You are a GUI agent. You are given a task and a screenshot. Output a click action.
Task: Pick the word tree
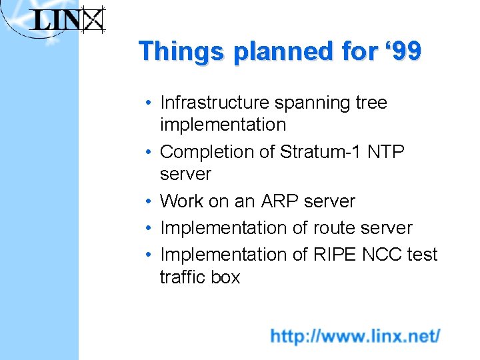click(x=371, y=103)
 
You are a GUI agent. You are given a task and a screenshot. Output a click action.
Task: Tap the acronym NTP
click(x=386, y=152)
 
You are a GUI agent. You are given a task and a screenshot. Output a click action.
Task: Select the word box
click(x=225, y=277)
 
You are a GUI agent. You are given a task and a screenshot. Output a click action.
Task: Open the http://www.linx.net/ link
click(x=355, y=335)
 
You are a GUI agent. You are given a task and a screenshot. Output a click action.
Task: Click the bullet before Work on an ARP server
click(x=151, y=201)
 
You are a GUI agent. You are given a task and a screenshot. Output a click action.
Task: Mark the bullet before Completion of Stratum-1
click(x=151, y=153)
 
